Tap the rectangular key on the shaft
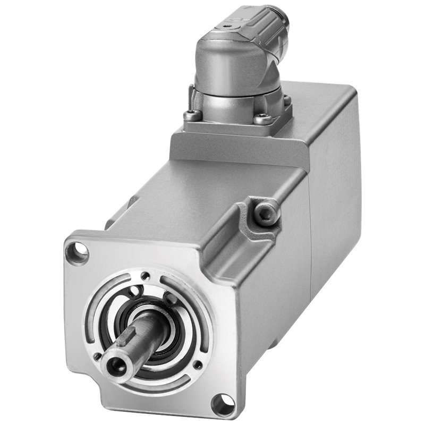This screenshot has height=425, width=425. (x=133, y=337)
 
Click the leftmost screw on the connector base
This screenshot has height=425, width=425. (x=192, y=114)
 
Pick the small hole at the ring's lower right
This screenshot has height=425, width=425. (x=198, y=365)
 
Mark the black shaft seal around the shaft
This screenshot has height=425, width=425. (x=165, y=340)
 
